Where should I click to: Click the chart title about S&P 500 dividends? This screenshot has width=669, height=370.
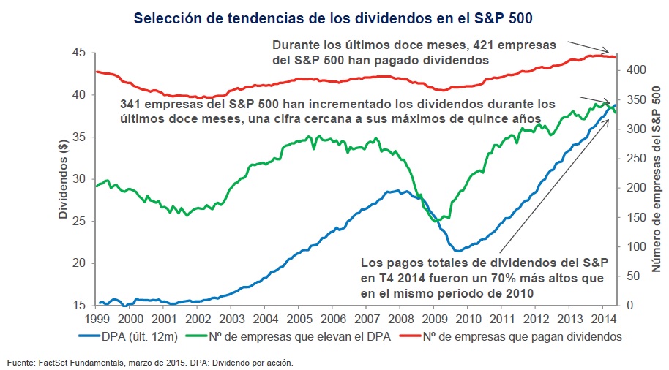334,16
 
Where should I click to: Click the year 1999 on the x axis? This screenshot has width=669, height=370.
97,320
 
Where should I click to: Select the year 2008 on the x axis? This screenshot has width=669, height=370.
401,320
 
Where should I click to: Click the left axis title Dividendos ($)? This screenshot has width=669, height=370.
64,178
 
